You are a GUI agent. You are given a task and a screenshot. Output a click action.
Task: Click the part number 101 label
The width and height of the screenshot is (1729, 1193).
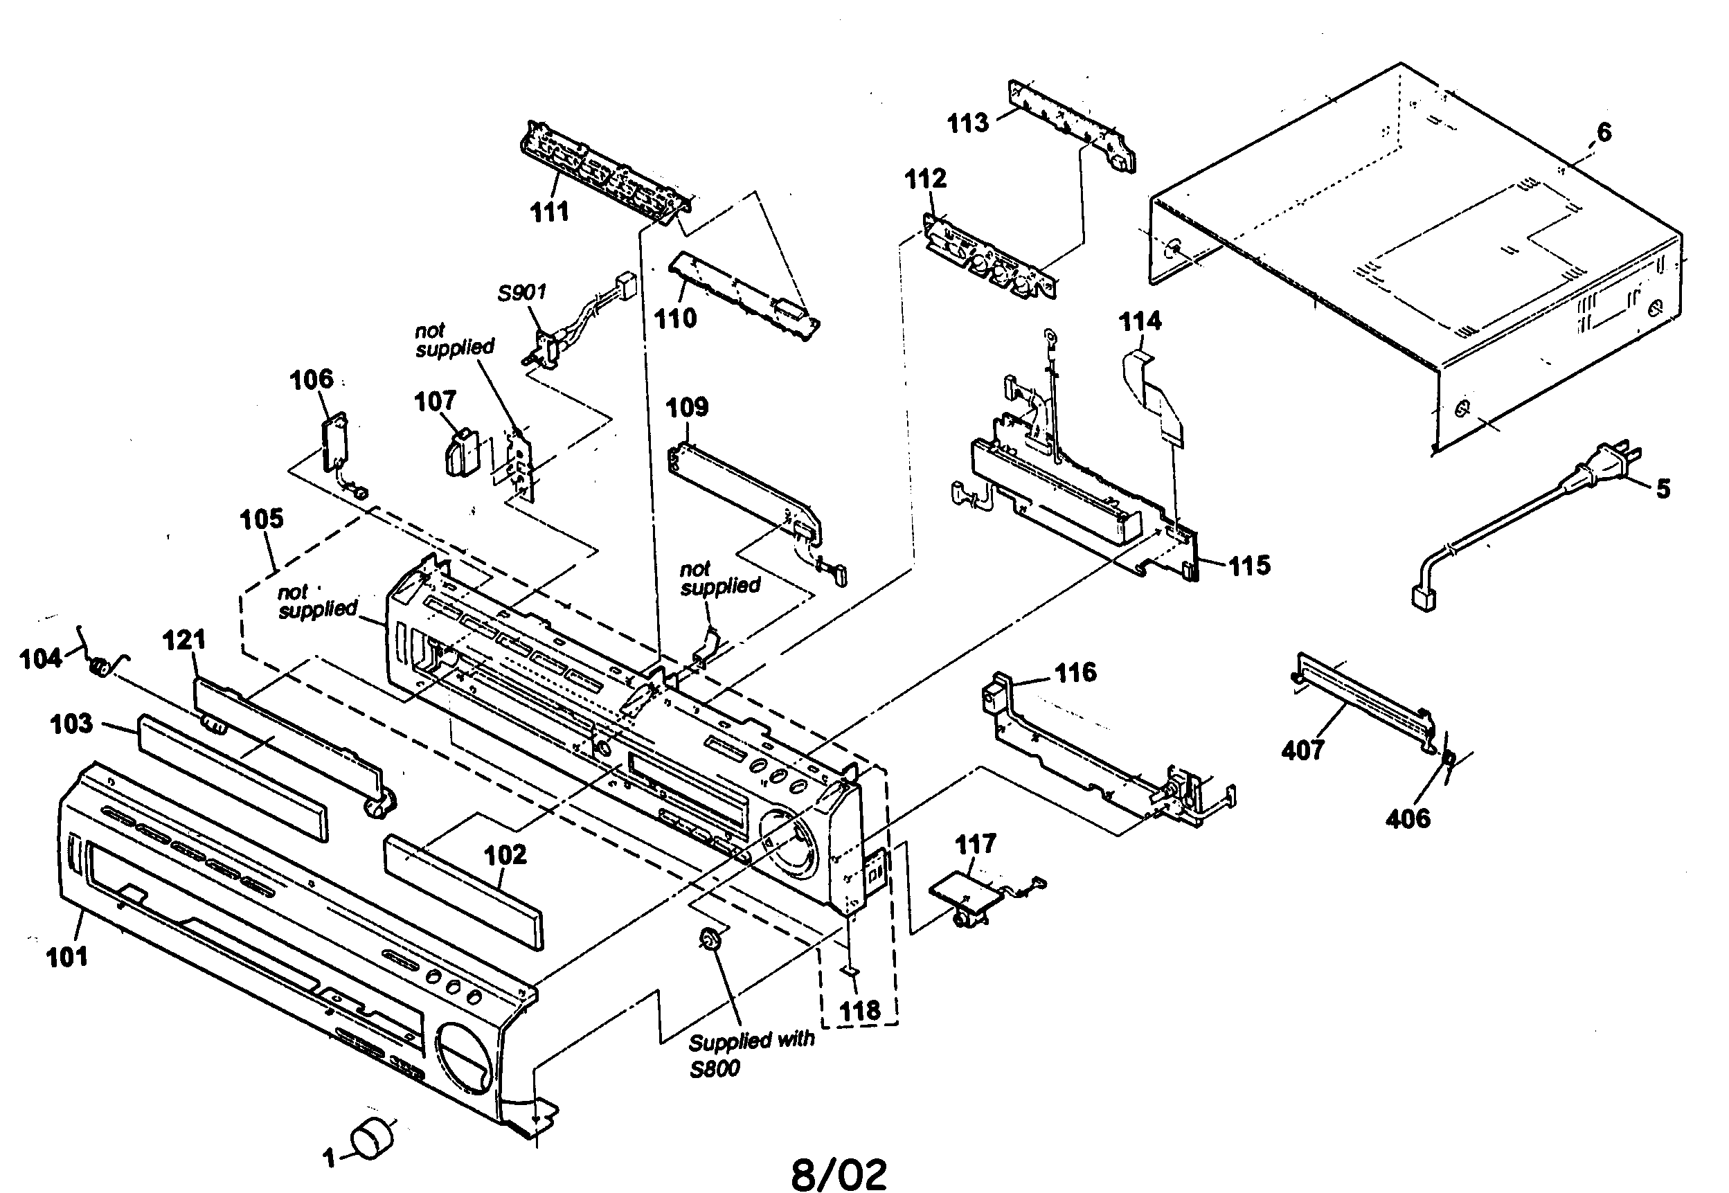tap(67, 957)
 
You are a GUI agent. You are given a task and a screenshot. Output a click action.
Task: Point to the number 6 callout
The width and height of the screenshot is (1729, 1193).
tap(1604, 132)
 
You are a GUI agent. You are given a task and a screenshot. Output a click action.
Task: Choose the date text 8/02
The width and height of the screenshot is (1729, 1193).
tap(839, 1174)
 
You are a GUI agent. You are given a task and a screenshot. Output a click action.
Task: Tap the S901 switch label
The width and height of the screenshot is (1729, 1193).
tap(522, 292)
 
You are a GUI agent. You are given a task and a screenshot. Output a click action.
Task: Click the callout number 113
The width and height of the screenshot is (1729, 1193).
tap(967, 123)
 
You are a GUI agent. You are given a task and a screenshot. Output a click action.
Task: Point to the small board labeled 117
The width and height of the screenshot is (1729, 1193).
tap(965, 894)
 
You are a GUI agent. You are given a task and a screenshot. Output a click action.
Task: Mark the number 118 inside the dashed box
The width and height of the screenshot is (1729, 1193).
tap(859, 1012)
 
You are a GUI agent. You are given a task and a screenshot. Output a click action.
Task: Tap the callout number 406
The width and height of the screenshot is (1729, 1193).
tap(1408, 819)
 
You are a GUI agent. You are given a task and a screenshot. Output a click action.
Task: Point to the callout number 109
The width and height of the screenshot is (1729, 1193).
tap(686, 407)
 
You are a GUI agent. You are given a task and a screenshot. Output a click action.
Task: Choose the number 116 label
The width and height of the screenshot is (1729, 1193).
tap(1075, 673)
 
